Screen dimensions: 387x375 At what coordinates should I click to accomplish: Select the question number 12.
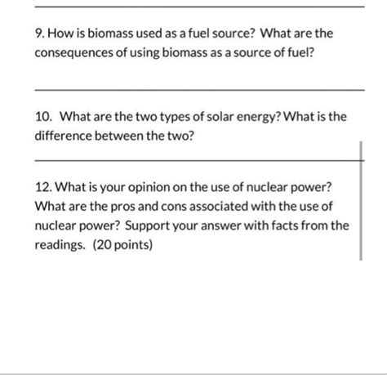(44, 185)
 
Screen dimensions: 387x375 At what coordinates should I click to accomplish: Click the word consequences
(77, 60)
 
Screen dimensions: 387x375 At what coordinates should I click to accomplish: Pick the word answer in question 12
(220, 223)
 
